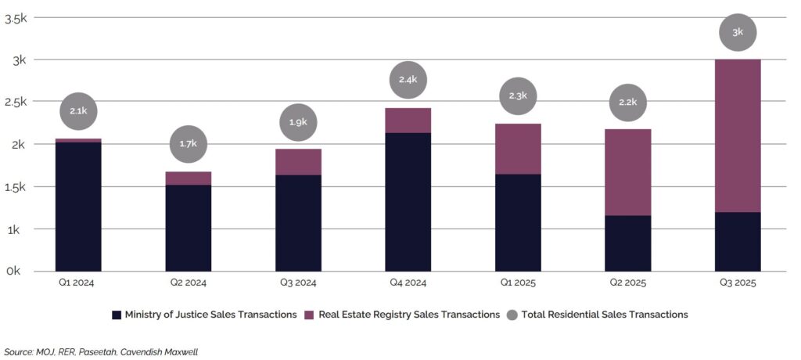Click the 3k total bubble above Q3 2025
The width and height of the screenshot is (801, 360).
(x=738, y=32)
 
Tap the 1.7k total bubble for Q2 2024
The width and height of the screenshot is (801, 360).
(x=189, y=144)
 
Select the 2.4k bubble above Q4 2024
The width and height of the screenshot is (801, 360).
(x=408, y=80)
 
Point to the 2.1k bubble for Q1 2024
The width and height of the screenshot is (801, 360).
(x=78, y=111)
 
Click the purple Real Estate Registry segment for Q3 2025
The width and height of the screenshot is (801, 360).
(x=738, y=135)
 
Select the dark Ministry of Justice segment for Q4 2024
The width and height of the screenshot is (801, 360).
(x=408, y=202)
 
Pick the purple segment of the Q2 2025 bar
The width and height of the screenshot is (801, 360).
(x=628, y=172)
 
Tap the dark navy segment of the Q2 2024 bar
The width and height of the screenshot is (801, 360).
(x=189, y=228)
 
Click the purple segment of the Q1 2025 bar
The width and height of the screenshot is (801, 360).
(x=518, y=149)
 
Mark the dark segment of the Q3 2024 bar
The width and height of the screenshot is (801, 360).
(x=298, y=223)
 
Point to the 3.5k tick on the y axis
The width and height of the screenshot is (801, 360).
(x=16, y=18)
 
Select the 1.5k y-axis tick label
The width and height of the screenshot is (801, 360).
(x=16, y=187)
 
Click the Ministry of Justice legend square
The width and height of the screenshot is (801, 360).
(x=117, y=315)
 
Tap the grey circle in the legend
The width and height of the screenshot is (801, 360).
(x=512, y=315)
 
